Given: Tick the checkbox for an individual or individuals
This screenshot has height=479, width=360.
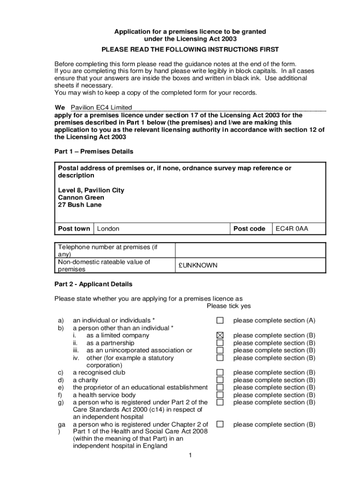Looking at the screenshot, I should click(x=220, y=320).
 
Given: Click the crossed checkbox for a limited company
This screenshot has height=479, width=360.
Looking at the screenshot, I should click(x=220, y=335).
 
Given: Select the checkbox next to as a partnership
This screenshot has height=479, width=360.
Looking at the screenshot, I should click(x=220, y=343).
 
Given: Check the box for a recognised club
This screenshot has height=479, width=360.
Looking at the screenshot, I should click(x=220, y=373).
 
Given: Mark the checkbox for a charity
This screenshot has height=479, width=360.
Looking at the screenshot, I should click(x=220, y=380).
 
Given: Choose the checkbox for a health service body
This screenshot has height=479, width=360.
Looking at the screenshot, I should click(x=220, y=395).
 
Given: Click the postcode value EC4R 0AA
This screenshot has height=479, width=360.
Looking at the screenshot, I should click(x=292, y=229).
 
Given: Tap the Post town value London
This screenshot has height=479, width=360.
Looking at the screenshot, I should click(x=108, y=229).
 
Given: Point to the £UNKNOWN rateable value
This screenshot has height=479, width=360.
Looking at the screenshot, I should click(x=197, y=265).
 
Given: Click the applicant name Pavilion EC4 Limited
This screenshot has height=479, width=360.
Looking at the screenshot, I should click(x=101, y=108).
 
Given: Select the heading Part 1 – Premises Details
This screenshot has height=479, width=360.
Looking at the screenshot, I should click(x=94, y=152).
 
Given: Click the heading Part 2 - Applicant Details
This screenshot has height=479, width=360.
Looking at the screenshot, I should click(x=93, y=284).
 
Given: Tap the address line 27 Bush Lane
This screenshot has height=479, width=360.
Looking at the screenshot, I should click(x=79, y=205).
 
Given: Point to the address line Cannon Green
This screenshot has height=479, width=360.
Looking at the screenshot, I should click(x=81, y=197).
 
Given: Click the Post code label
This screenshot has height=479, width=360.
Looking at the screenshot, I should click(x=249, y=229).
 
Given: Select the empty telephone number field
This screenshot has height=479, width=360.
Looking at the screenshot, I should click(x=250, y=250).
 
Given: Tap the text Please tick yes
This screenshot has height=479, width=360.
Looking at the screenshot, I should click(x=229, y=306).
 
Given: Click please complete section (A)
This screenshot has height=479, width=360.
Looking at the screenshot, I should click(x=274, y=320).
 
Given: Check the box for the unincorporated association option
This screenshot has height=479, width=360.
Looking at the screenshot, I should click(x=220, y=350).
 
